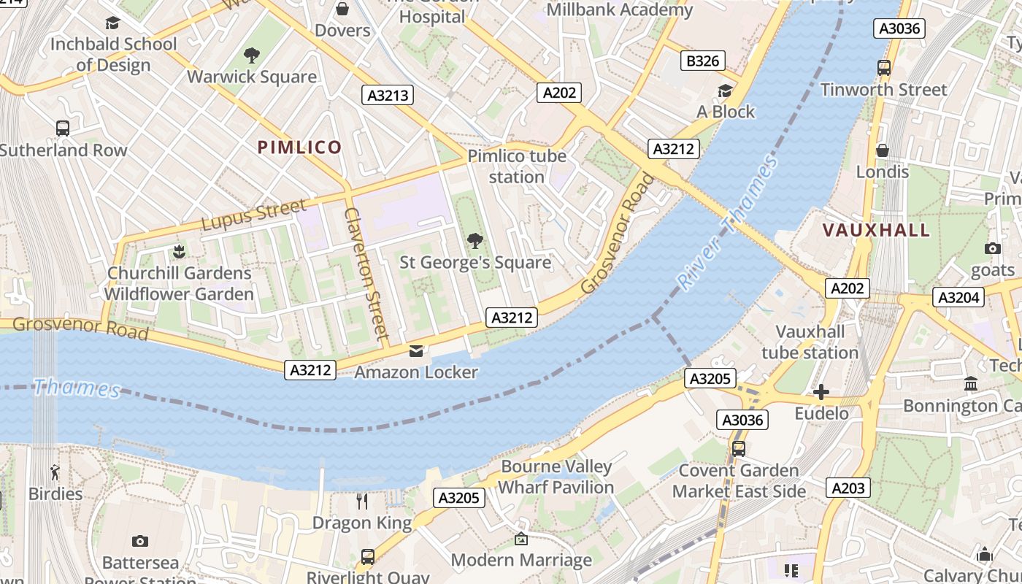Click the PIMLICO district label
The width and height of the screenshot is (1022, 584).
tap(300, 147)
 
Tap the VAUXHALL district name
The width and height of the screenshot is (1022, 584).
tap(877, 231)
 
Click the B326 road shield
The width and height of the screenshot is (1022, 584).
tap(703, 61)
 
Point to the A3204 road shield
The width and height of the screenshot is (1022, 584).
tap(960, 297)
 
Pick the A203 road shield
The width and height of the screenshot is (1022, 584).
tap(848, 488)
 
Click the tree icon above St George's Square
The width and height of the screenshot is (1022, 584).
tap(475, 240)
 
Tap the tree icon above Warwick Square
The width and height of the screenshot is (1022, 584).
tap(252, 55)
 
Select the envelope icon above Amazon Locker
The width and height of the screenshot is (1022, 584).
tap(416, 351)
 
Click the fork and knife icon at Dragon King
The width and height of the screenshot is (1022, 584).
tap(362, 501)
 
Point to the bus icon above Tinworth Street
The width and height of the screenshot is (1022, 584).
tap(884, 68)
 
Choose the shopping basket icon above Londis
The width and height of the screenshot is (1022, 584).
tap(883, 150)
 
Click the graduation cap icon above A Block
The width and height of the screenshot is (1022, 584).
tap(725, 91)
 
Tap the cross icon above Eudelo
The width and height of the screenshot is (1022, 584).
tap(821, 392)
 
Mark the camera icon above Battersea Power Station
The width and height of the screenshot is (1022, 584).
tap(140, 541)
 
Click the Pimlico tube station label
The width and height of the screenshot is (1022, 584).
tap(517, 166)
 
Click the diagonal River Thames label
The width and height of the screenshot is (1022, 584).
tap(726, 223)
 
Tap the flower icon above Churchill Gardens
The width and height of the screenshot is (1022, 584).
tap(179, 252)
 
